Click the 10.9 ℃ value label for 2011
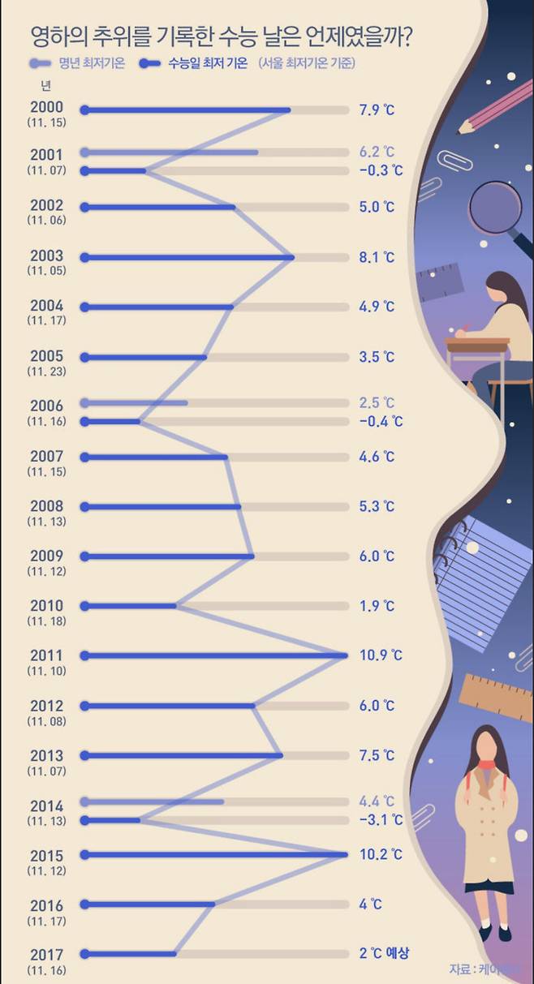click(x=380, y=655)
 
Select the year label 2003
click(x=46, y=256)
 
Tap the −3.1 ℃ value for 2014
click(x=380, y=820)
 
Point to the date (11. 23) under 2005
click(x=46, y=372)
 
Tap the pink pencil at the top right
click(x=497, y=104)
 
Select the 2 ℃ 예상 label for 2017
click(x=384, y=954)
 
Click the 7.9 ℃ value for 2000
click(x=377, y=110)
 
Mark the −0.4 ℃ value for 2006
click(x=380, y=421)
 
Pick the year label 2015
click(x=46, y=855)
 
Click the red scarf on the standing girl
click(x=486, y=765)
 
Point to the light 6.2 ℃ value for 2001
click(x=377, y=152)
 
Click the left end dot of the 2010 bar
click(x=84, y=606)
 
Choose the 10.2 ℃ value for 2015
click(x=380, y=854)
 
